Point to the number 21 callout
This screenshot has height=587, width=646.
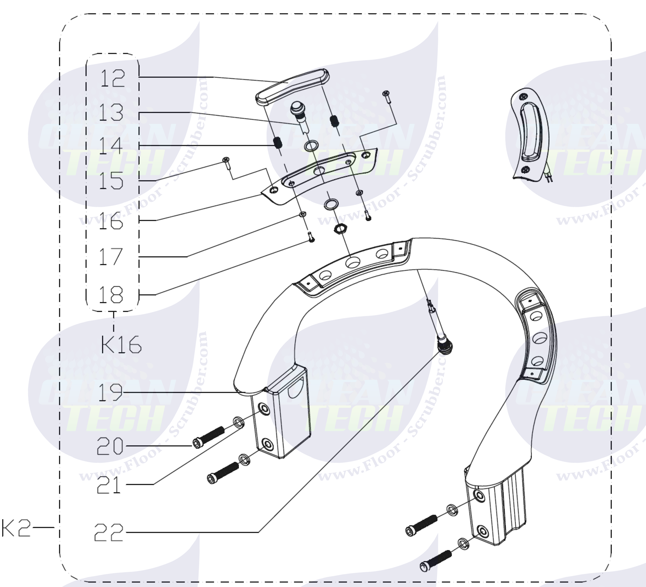(109, 485)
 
